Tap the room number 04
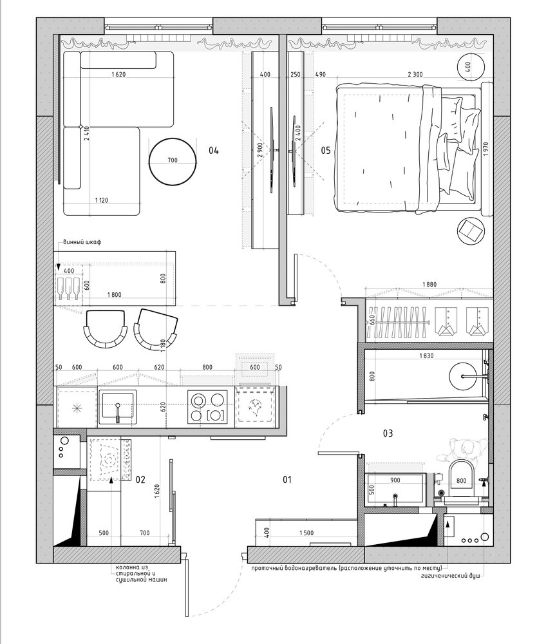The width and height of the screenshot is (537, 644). click(214, 150)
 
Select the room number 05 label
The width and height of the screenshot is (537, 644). click(326, 150)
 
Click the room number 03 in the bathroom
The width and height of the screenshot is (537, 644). click(388, 433)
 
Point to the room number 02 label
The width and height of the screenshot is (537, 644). click(140, 479)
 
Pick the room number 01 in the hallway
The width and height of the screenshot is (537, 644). click(287, 479)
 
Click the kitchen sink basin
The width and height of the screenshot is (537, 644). click(118, 407)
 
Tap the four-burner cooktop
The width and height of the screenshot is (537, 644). click(207, 406)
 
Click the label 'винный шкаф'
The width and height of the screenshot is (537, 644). click(82, 242)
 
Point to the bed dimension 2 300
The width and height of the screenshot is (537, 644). click(415, 74)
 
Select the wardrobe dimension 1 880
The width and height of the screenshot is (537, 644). click(429, 284)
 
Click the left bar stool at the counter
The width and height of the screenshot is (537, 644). click(105, 328)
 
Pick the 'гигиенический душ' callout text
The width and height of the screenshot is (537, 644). click(450, 576)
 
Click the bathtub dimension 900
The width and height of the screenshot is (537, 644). click(395, 480)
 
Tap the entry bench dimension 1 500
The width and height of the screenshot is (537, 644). click(306, 533)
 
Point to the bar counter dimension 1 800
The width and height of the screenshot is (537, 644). click(114, 294)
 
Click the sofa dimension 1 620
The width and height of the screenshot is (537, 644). click(118, 74)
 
